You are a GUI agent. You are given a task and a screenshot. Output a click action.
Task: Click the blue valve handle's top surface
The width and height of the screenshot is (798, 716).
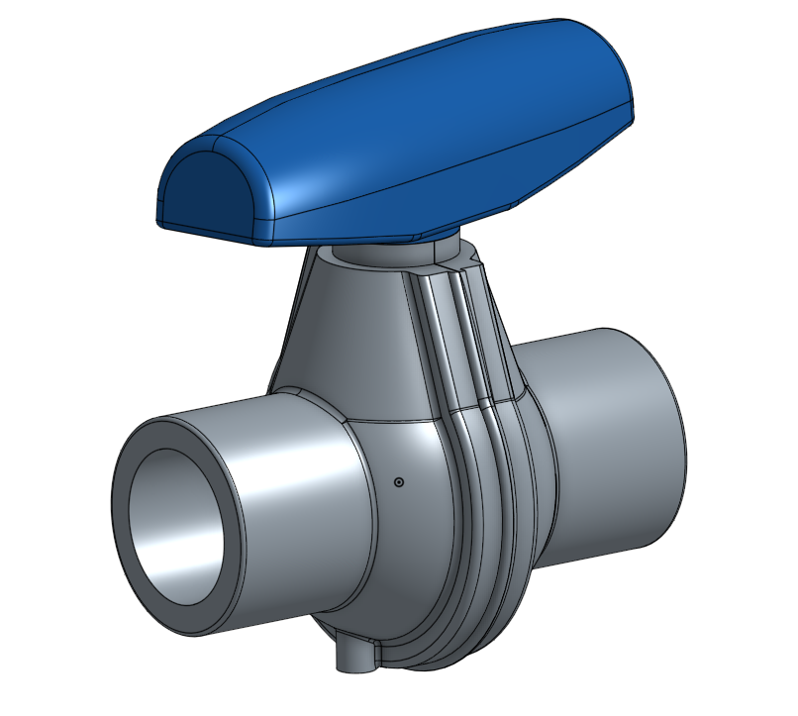click(x=416, y=109)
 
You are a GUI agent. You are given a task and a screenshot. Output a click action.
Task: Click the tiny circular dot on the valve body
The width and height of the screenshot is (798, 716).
click(x=398, y=482)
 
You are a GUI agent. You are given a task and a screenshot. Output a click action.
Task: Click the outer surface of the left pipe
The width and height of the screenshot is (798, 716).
click(x=287, y=495)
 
